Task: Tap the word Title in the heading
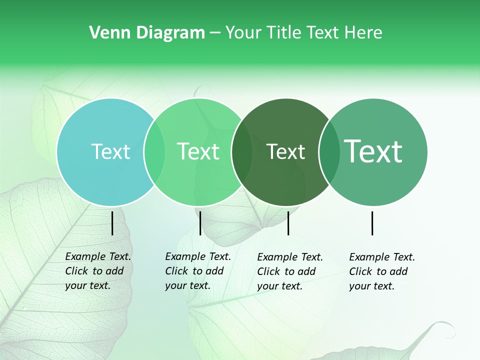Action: (x=284, y=33)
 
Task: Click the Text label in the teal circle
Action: (x=110, y=151)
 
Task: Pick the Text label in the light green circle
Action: (x=198, y=151)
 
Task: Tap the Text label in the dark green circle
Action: (x=285, y=151)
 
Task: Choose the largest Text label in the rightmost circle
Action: (x=373, y=151)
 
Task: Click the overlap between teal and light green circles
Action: (x=154, y=152)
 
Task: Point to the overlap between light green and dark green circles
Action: (x=242, y=152)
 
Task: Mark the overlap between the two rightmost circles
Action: (x=329, y=152)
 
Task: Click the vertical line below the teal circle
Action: (x=112, y=223)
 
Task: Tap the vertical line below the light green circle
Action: (x=200, y=223)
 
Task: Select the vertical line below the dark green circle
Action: (x=288, y=223)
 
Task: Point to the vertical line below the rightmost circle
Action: (x=372, y=223)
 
